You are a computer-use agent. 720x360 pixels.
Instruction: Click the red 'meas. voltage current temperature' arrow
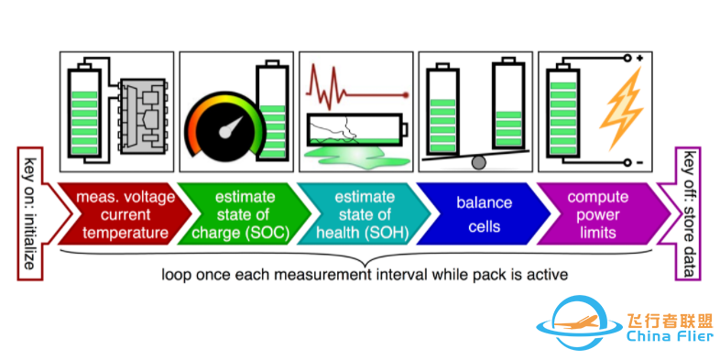(x=124, y=214)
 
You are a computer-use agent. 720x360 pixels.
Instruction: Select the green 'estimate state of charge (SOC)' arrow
(x=244, y=214)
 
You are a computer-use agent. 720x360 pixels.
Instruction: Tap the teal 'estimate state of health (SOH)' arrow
(x=364, y=214)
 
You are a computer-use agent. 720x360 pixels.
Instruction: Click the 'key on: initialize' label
(x=30, y=213)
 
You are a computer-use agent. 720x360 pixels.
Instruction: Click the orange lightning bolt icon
(x=621, y=109)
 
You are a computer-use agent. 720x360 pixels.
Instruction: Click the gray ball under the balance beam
(x=478, y=162)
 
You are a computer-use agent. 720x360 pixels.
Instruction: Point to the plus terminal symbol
(x=639, y=59)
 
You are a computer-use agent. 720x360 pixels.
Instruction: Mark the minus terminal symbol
(x=639, y=162)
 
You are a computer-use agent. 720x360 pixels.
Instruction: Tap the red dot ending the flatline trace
(x=406, y=95)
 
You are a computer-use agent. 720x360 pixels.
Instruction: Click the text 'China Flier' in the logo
(x=670, y=337)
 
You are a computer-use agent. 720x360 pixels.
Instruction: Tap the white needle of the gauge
(x=232, y=126)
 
